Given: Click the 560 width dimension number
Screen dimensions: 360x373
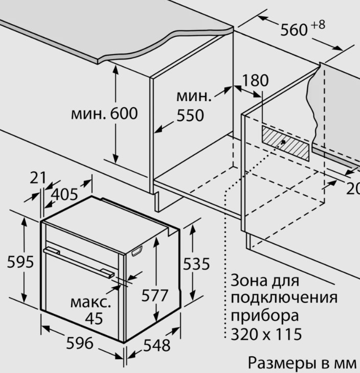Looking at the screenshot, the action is (294, 30).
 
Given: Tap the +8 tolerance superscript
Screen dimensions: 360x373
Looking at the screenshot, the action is (318, 25).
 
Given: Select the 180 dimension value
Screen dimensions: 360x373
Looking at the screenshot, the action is (255, 80).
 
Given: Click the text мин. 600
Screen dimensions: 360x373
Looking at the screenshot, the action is (104, 113).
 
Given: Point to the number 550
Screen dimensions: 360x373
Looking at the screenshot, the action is (190, 115).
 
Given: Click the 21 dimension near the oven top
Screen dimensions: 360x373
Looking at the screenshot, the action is (38, 178).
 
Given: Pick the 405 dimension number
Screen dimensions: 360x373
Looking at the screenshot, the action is (64, 194).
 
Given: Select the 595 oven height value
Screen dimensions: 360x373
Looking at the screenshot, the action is (20, 262).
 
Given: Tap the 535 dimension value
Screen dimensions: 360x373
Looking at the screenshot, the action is (196, 264).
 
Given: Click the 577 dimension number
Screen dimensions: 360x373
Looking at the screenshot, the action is (155, 295).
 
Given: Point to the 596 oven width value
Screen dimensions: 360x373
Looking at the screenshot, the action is (80, 343).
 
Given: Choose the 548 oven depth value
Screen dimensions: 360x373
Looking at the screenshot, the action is (156, 345).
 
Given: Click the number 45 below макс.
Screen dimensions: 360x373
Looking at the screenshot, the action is (94, 318).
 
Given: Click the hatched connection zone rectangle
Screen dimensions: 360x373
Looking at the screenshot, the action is (285, 143).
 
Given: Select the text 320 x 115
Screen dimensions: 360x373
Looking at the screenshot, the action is (266, 334).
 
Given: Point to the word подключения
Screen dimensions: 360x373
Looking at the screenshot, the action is (284, 298).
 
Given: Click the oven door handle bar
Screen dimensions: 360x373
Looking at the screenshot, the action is (79, 263).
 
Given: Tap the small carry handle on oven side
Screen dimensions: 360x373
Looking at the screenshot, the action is (137, 251).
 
